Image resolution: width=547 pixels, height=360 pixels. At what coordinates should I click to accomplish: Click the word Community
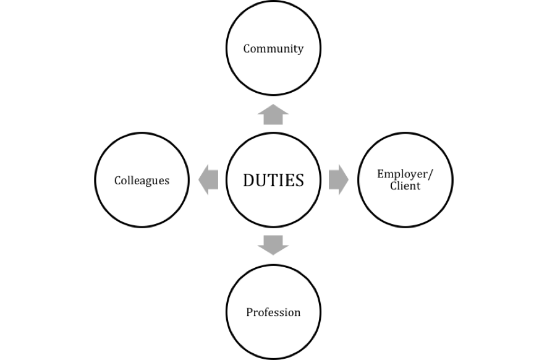click(273, 48)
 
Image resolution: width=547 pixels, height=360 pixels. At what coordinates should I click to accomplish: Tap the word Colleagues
click(142, 180)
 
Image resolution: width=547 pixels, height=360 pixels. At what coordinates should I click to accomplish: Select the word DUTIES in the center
click(273, 180)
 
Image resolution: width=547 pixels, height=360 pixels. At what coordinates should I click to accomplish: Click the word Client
click(405, 186)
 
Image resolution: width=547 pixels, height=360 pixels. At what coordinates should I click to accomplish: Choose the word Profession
click(273, 312)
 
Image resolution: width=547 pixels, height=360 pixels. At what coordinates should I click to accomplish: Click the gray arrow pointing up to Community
click(273, 114)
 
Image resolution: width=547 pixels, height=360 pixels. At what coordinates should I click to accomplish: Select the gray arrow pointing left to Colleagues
click(208, 180)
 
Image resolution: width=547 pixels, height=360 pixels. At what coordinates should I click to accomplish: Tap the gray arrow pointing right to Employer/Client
click(338, 180)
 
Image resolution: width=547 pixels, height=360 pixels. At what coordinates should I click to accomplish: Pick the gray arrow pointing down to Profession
click(273, 245)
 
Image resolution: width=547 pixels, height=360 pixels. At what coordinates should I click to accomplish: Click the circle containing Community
click(273, 68)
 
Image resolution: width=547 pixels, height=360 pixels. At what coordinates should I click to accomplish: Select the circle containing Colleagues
click(142, 204)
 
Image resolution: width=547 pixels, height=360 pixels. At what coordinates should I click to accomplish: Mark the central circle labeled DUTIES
click(273, 204)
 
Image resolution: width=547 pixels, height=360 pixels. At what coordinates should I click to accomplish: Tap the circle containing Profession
click(273, 334)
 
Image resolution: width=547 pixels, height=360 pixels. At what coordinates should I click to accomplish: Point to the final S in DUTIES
click(299, 180)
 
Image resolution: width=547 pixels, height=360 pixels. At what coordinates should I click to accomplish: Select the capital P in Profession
click(250, 312)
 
